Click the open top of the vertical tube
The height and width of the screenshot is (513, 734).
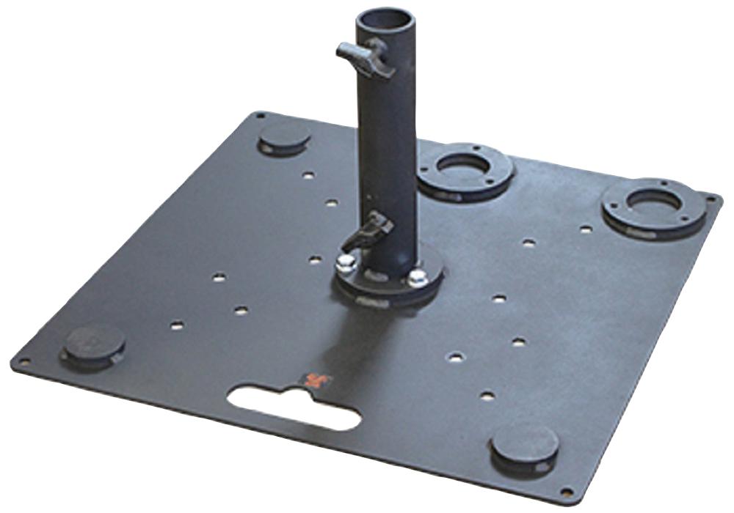pyautogui.click(x=386, y=18)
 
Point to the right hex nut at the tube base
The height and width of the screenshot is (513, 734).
pyautogui.click(x=418, y=276)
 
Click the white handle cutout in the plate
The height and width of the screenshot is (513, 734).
pyautogui.click(x=294, y=407)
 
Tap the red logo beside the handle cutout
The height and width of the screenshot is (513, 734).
pyautogui.click(x=317, y=380)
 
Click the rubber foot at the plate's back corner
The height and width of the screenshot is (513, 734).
pyautogui.click(x=284, y=137)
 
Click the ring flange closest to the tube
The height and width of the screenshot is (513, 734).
pyautogui.click(x=465, y=169)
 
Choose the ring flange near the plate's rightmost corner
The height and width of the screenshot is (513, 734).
pyautogui.click(x=653, y=205)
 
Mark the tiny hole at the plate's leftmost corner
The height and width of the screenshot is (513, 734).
pyautogui.click(x=24, y=361)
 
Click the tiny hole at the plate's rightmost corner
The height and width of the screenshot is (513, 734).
pyautogui.click(x=710, y=198)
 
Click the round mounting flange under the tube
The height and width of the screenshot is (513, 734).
pyautogui.click(x=389, y=282)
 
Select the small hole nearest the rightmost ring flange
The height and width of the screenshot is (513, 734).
pyautogui.click(x=586, y=229)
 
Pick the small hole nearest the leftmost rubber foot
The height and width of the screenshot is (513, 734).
pyautogui.click(x=177, y=324)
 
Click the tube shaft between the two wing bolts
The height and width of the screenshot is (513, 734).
pyautogui.click(x=387, y=139)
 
